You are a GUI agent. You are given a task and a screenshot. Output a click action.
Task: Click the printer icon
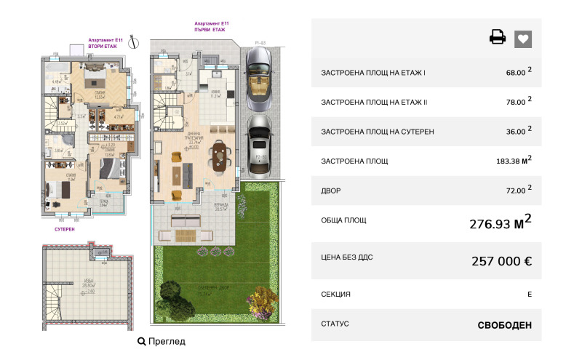[498, 38]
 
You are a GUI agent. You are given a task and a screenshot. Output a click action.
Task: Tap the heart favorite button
[523, 39]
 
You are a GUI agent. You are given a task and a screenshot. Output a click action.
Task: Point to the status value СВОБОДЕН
[504, 325]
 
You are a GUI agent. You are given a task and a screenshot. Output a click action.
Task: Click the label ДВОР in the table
[331, 191]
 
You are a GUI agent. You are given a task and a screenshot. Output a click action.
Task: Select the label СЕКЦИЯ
[335, 294]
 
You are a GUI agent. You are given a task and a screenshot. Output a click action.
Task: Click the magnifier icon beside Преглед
[141, 340]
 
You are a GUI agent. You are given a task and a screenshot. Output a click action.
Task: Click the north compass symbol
[133, 44]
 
